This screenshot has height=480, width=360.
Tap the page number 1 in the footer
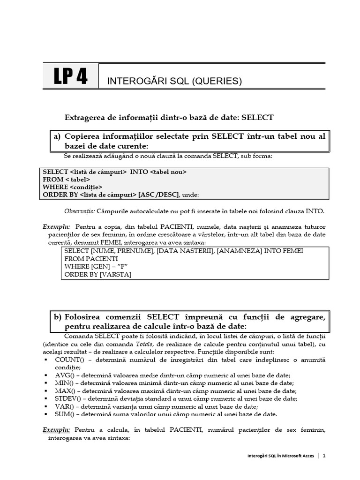coord(324,455)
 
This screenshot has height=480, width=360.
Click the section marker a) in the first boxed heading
coord(57,136)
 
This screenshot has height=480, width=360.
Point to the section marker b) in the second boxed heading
coord(57,317)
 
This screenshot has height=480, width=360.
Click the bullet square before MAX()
coord(45,391)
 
